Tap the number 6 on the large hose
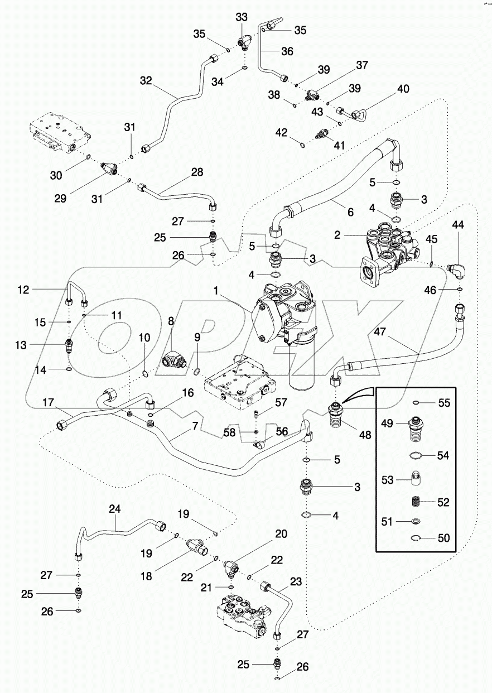tap(350, 213)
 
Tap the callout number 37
tap(362, 65)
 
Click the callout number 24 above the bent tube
tap(115, 509)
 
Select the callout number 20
tap(281, 534)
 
